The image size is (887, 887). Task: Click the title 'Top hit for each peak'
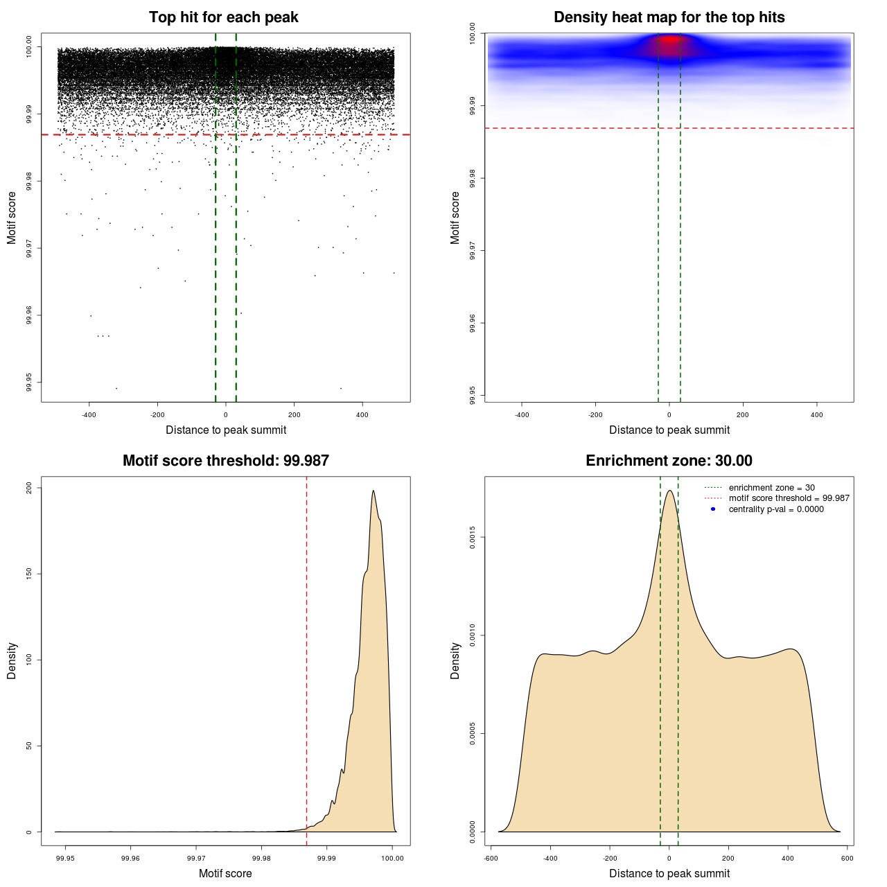tap(223, 17)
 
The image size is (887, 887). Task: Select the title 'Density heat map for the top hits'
tap(669, 17)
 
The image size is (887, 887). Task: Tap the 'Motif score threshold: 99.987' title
tap(225, 461)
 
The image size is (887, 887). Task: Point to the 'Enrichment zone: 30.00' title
tap(669, 461)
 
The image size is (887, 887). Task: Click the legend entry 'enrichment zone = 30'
tap(771, 488)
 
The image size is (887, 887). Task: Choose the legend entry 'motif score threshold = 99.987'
tap(789, 498)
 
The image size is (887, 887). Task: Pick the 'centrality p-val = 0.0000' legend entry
tap(776, 509)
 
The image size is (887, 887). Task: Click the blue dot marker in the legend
tap(713, 509)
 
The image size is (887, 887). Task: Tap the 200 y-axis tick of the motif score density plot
tap(29, 488)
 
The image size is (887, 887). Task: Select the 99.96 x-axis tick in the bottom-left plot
tap(130, 858)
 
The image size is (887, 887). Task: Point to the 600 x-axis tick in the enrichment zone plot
tap(848, 858)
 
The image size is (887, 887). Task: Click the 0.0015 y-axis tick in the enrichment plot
tap(473, 537)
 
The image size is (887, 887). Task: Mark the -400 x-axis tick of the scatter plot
tap(89, 414)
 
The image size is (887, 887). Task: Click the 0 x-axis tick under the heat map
tap(669, 414)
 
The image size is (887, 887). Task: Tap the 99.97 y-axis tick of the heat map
tap(473, 251)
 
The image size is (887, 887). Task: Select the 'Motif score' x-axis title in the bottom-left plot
tap(225, 873)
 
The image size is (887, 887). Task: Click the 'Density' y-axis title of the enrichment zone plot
tap(455, 660)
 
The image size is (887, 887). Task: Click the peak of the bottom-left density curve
tap(374, 491)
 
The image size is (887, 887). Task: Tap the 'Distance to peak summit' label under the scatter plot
tap(226, 430)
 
